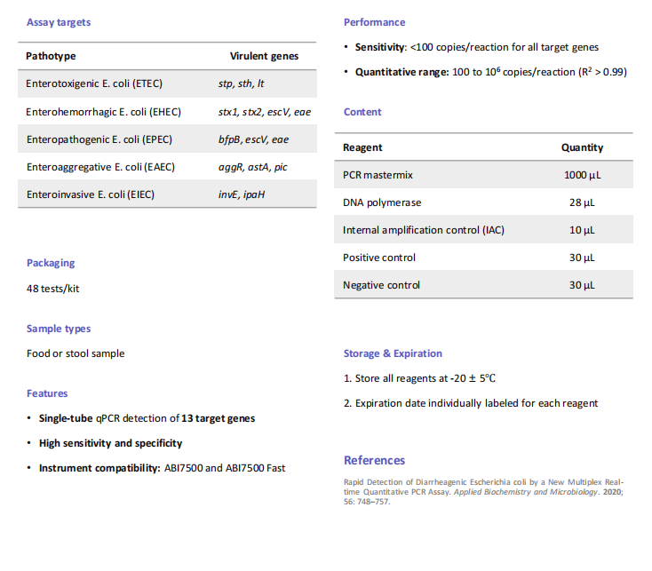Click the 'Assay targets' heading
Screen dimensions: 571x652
tap(59, 22)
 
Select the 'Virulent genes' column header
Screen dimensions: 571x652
tap(264, 56)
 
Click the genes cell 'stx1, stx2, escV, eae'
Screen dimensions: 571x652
tap(264, 112)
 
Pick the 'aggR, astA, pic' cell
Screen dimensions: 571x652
tap(252, 167)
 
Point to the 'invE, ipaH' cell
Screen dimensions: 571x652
tap(242, 194)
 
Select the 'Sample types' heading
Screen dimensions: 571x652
tap(59, 329)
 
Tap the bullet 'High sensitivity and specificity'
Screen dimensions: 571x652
tap(110, 443)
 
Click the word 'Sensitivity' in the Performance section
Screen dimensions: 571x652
tap(380, 47)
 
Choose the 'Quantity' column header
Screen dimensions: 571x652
tap(582, 147)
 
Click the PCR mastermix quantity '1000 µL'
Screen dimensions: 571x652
tap(582, 175)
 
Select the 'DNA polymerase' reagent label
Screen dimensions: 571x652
tap(382, 202)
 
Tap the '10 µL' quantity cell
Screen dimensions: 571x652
tap(582, 230)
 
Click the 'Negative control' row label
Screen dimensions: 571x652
tap(381, 285)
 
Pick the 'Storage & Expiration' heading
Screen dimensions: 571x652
tap(393, 353)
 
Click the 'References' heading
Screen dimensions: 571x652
tap(374, 460)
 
